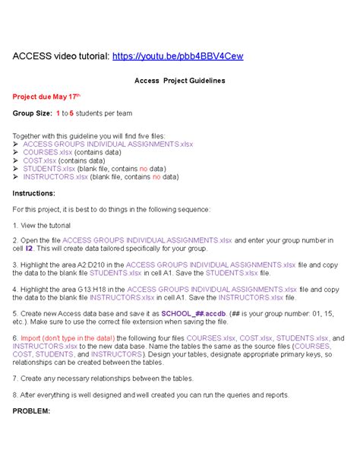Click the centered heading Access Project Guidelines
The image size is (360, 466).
point(179,81)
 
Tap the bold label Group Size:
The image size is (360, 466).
point(32,113)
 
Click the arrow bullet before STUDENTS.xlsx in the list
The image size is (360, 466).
point(17,168)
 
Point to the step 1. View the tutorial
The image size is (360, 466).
point(43,226)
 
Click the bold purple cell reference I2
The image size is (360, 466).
point(29,248)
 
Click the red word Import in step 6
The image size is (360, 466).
point(32,338)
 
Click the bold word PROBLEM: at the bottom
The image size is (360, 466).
point(31,411)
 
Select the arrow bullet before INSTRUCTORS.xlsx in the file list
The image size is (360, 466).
point(17,176)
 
